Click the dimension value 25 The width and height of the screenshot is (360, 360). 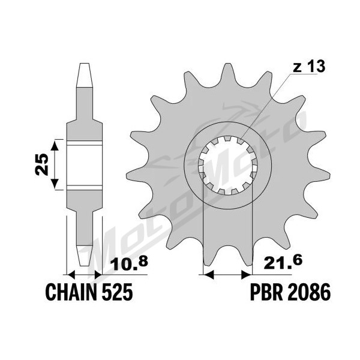pyautogui.click(x=43, y=164)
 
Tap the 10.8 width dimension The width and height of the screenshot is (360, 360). pyautogui.click(x=129, y=263)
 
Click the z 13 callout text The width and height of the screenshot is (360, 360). pyautogui.click(x=309, y=67)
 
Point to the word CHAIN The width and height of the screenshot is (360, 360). pyautogui.click(x=71, y=292)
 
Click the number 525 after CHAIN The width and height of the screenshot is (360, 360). pyautogui.click(x=118, y=292)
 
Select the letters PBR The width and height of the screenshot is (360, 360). pyautogui.click(x=266, y=292)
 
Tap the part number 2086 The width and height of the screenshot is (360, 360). pyautogui.click(x=308, y=292)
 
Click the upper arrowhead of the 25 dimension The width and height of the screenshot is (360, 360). pyautogui.click(x=55, y=145)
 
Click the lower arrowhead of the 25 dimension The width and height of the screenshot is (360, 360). pyautogui.click(x=55, y=184)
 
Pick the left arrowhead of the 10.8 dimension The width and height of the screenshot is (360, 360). pyautogui.click(x=71, y=274)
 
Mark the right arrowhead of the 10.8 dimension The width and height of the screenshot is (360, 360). pyautogui.click(x=97, y=274)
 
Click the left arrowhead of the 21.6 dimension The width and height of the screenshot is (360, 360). pyautogui.click(x=209, y=274)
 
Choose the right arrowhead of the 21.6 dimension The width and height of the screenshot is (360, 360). pyautogui.click(x=247, y=274)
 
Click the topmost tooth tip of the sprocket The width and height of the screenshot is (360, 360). pyautogui.click(x=227, y=64)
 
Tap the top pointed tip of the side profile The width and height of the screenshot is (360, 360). pyautogui.click(x=84, y=64)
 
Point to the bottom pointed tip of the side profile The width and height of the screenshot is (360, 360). pyautogui.click(x=84, y=265)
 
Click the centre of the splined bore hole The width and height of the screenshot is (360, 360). pyautogui.click(x=228, y=166)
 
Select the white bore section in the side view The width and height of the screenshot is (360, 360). pyautogui.click(x=84, y=166)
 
